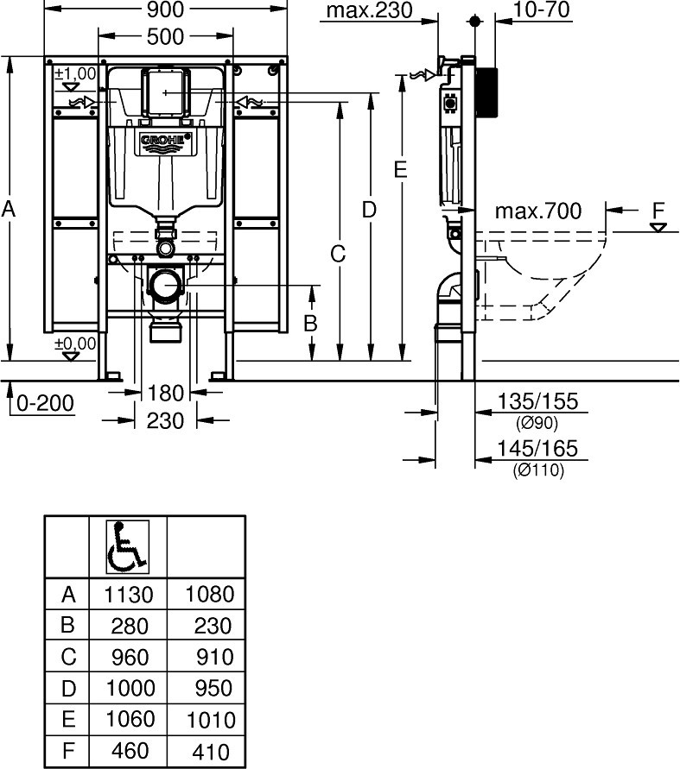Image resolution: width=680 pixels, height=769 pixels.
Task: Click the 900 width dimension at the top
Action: pos(165,9)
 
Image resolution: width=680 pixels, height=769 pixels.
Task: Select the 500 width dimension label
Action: pos(165,36)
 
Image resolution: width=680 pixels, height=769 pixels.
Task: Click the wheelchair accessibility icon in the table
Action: pos(128,547)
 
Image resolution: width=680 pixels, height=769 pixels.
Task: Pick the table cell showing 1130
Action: pos(129,595)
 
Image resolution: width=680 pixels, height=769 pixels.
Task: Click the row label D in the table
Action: pos(68,689)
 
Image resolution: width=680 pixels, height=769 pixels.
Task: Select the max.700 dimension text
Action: pos(537,211)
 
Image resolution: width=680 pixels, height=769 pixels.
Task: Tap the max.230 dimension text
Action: pos(369,10)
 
